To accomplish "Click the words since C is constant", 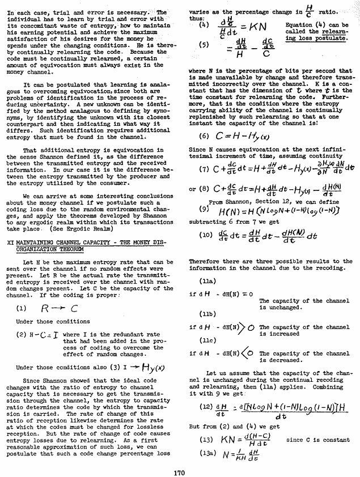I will [314, 440].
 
